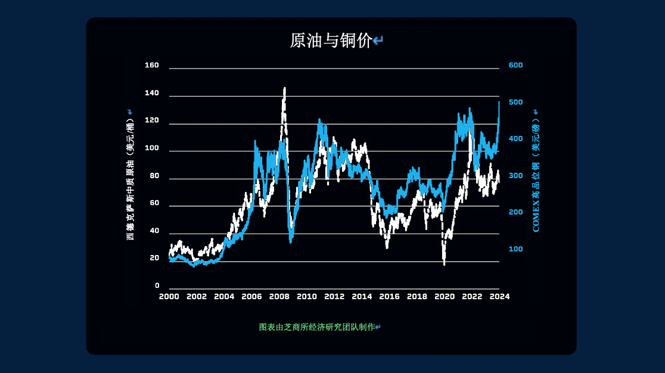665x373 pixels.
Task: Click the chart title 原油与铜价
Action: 331,41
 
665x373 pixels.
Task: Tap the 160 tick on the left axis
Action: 152,66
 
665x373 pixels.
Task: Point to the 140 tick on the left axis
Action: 152,93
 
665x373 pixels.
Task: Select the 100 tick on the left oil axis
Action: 152,148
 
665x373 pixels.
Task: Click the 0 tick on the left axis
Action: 157,285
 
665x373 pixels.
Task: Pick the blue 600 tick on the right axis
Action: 515,66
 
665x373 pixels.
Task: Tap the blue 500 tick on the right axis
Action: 515,102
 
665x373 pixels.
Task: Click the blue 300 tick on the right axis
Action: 515,176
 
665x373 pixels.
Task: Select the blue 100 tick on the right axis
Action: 515,249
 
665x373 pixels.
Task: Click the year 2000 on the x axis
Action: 169,297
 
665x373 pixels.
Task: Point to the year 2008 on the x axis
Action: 279,297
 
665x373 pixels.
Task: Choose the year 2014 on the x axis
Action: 362,297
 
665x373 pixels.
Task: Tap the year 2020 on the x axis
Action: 445,297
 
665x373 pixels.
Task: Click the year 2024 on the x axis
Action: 499,297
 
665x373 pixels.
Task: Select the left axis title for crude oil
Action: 130,179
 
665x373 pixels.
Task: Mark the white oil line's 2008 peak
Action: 285,88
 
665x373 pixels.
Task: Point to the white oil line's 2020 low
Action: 444,264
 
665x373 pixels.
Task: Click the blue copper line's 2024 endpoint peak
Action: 499,102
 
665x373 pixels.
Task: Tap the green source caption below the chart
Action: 317,327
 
